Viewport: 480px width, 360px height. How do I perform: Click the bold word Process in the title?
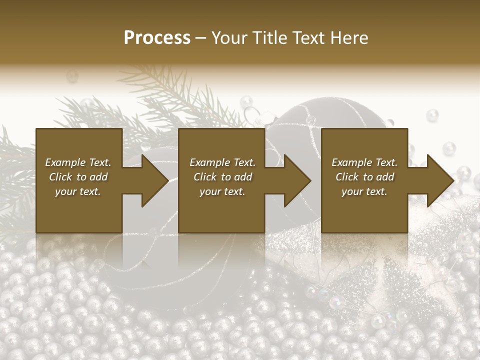(157, 38)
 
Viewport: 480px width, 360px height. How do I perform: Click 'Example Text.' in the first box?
(78, 162)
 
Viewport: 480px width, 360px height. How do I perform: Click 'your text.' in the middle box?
(222, 191)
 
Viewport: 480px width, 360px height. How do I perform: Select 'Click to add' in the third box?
(364, 177)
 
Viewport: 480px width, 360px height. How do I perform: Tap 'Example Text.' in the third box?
(364, 162)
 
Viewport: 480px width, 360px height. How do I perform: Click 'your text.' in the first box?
(78, 191)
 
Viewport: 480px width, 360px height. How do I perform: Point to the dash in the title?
(201, 38)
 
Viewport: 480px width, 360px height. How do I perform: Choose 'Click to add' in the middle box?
(222, 177)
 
